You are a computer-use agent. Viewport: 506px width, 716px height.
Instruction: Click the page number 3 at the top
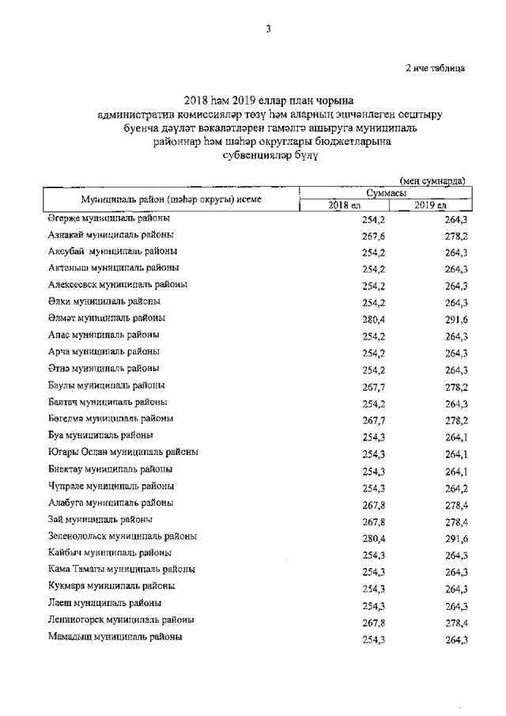click(x=268, y=29)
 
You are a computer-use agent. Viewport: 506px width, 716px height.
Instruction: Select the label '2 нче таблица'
click(x=435, y=67)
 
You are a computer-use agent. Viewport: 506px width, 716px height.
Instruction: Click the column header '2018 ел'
click(x=344, y=206)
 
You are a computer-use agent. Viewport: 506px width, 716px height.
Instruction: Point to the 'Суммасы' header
click(x=387, y=193)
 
